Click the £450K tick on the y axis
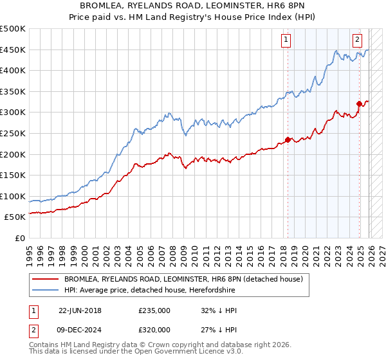(14, 50)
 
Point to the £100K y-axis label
(14, 196)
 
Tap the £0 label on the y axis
(20, 238)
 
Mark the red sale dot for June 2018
(288, 139)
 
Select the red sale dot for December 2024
(359, 104)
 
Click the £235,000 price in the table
(154, 310)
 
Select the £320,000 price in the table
(154, 330)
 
